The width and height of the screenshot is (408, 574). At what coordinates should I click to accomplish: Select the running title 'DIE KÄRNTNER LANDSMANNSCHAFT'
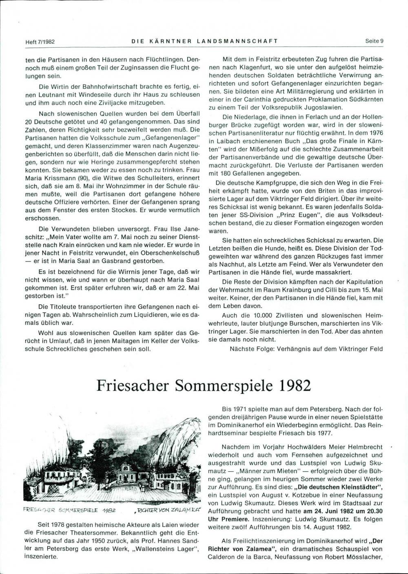coord(204,41)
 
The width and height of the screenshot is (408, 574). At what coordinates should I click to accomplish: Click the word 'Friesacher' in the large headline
coord(134,385)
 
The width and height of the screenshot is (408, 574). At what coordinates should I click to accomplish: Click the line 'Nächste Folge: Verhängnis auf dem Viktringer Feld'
coord(306,349)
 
